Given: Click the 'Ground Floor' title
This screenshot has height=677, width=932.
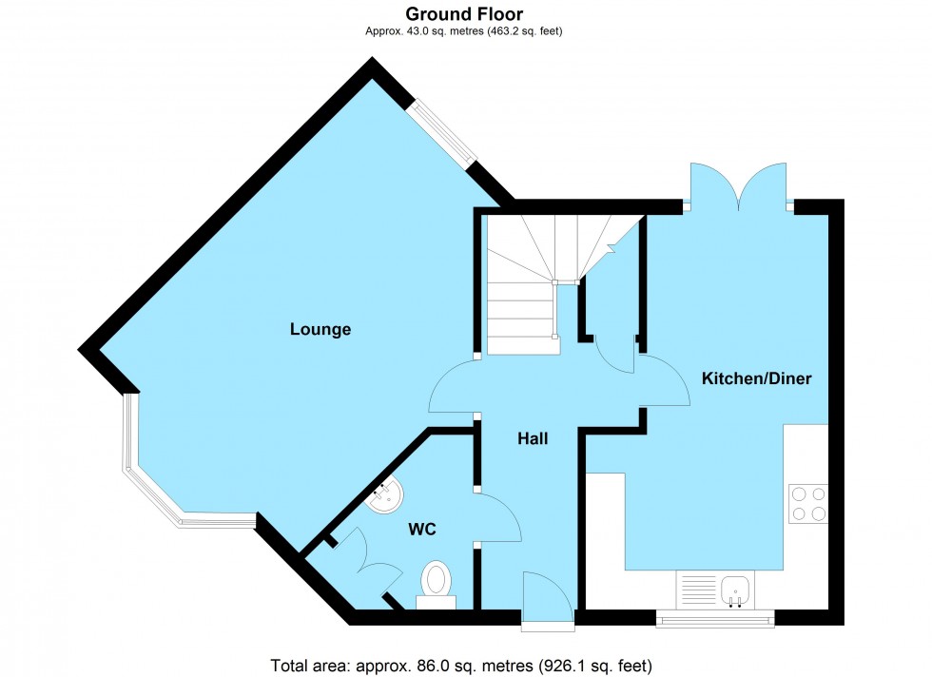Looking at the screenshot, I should click(x=464, y=13).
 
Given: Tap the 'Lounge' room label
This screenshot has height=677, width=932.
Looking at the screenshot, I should click(x=320, y=330).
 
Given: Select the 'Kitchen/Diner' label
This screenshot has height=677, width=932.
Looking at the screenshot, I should click(x=756, y=378).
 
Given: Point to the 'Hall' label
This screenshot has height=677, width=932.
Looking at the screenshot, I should click(x=533, y=438).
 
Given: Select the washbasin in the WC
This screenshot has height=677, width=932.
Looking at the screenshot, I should click(x=387, y=495).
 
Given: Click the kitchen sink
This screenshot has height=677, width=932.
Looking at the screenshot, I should click(x=735, y=589).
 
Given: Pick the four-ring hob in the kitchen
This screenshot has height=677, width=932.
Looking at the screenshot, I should click(x=807, y=503).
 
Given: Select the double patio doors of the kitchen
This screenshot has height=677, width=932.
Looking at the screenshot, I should click(x=739, y=186).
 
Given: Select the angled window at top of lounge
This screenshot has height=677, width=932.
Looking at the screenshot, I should click(x=439, y=136).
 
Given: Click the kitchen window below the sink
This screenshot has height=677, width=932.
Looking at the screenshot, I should click(x=715, y=620).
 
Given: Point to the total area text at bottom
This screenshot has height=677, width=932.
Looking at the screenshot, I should click(x=462, y=665).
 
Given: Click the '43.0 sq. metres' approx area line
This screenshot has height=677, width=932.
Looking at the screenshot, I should click(x=464, y=30).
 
